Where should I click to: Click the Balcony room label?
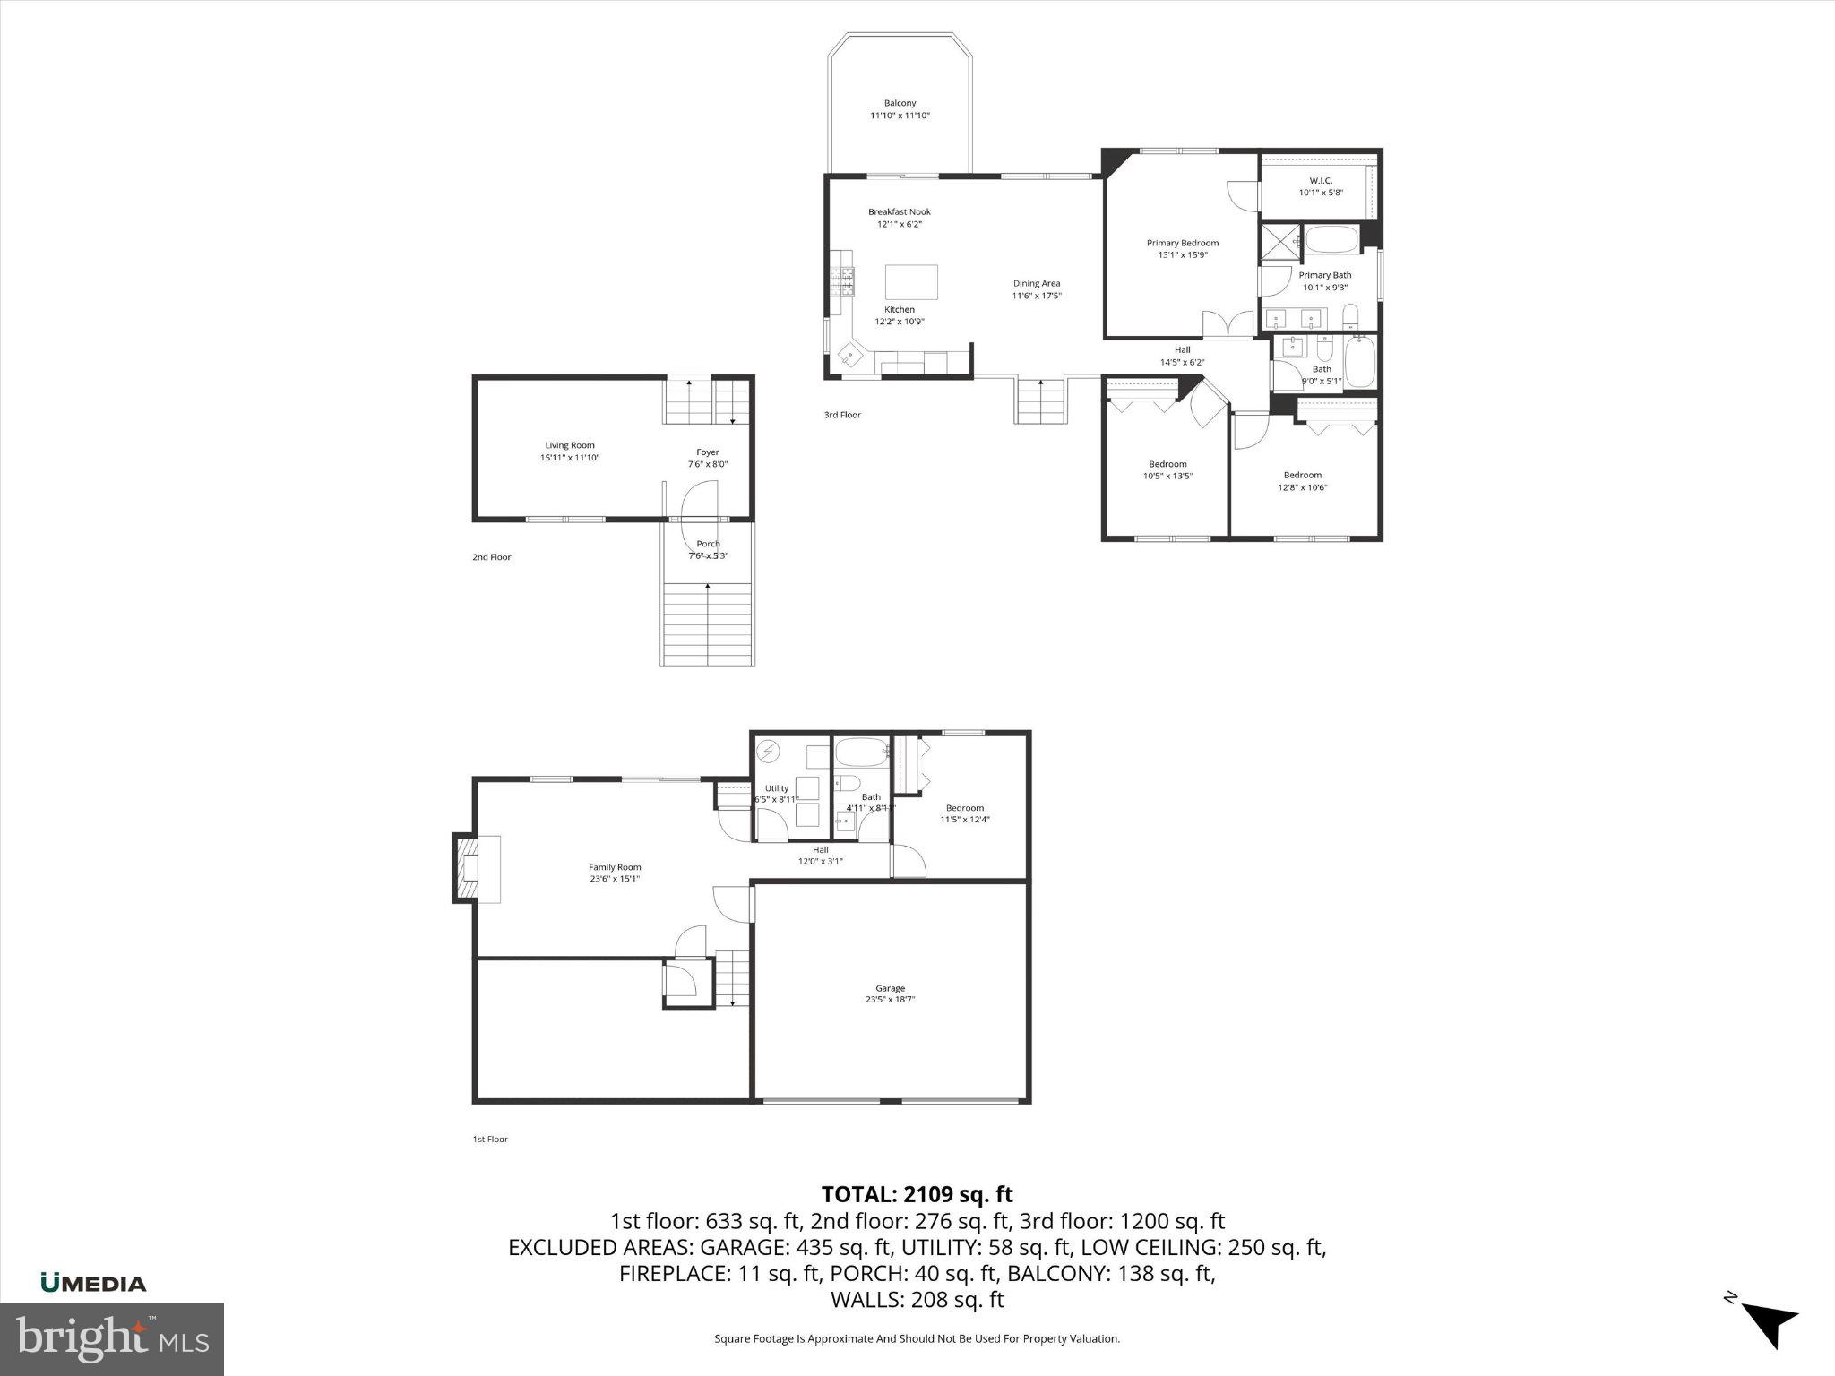(900, 104)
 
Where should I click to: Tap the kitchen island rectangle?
(911, 282)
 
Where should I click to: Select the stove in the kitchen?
(843, 282)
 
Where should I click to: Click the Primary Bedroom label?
(1183, 243)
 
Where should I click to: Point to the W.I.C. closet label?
(1321, 181)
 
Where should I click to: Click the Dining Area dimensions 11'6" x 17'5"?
(1037, 296)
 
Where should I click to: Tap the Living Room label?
(570, 445)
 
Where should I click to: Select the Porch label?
(708, 544)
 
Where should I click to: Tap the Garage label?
(890, 988)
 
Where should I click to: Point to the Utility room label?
(777, 788)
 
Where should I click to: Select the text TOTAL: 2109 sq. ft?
(917, 1194)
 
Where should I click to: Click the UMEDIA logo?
(93, 1284)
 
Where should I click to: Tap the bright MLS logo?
(112, 1338)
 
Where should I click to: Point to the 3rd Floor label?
(842, 415)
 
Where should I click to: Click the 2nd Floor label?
(492, 557)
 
